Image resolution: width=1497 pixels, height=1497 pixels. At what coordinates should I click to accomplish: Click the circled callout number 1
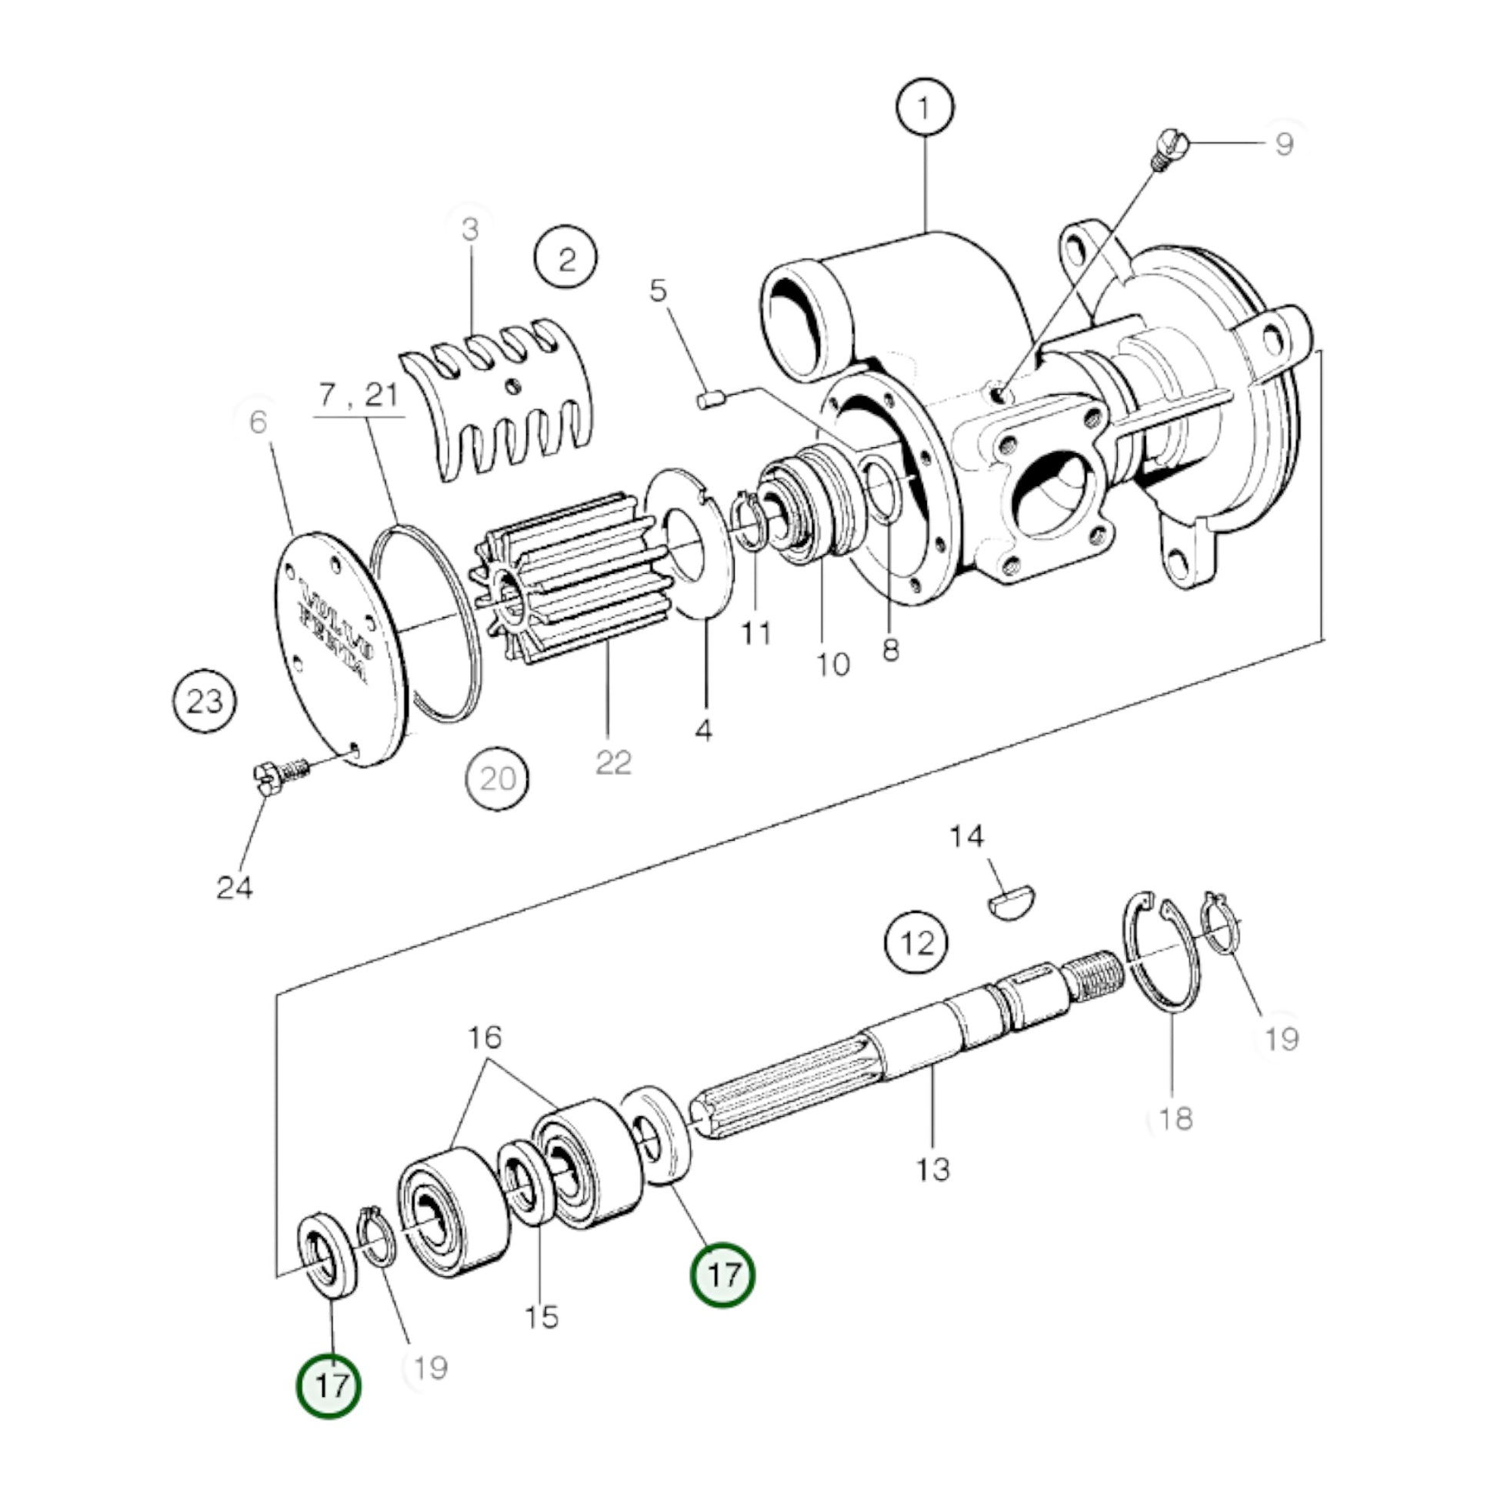pos(925,108)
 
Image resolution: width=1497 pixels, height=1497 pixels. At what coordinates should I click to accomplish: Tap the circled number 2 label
pos(566,258)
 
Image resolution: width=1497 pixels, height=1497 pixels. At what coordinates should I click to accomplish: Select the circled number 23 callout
pos(205,702)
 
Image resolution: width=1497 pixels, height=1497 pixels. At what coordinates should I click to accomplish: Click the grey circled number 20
pos(498,778)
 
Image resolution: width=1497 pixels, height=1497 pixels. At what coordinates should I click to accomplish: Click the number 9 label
pos(1284,144)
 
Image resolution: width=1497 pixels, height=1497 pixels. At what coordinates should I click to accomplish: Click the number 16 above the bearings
pos(485,1037)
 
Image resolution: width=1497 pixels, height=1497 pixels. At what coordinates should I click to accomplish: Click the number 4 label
pos(703,729)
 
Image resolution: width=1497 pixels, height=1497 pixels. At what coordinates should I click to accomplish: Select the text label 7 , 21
pos(358,395)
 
